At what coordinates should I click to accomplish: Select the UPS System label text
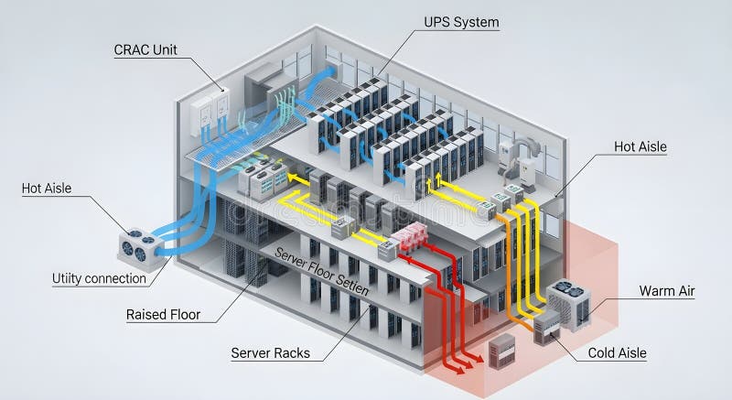[461, 22]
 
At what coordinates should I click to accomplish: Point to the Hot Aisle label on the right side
[640, 146]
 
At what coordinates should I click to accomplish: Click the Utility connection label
[99, 278]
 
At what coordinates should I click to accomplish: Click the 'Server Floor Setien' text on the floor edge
[322, 275]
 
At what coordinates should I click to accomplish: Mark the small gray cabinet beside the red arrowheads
[501, 351]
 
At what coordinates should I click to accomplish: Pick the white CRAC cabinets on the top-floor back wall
[209, 112]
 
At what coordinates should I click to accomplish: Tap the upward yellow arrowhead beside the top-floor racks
[438, 179]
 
